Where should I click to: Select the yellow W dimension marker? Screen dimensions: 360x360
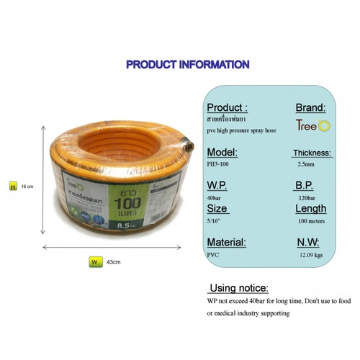tap(93, 263)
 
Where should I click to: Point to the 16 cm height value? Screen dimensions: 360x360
tap(27, 186)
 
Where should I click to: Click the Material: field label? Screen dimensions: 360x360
tap(227, 243)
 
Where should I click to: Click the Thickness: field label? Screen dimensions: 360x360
tap(312, 153)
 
